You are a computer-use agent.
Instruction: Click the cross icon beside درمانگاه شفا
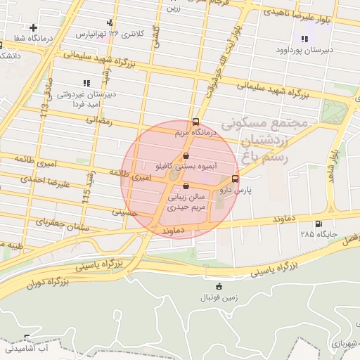click(x=33, y=27)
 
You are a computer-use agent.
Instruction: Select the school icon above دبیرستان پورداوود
click(x=304, y=39)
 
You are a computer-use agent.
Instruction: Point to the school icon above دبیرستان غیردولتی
click(x=86, y=82)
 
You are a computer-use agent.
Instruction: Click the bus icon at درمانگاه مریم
click(x=195, y=121)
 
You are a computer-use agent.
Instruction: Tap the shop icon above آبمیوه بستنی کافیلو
click(x=186, y=155)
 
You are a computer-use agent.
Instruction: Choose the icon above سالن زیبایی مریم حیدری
click(x=186, y=186)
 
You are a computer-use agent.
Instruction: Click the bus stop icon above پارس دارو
click(x=235, y=179)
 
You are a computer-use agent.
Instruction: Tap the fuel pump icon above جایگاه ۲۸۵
click(x=319, y=224)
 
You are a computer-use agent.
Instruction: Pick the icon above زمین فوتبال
click(x=218, y=286)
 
